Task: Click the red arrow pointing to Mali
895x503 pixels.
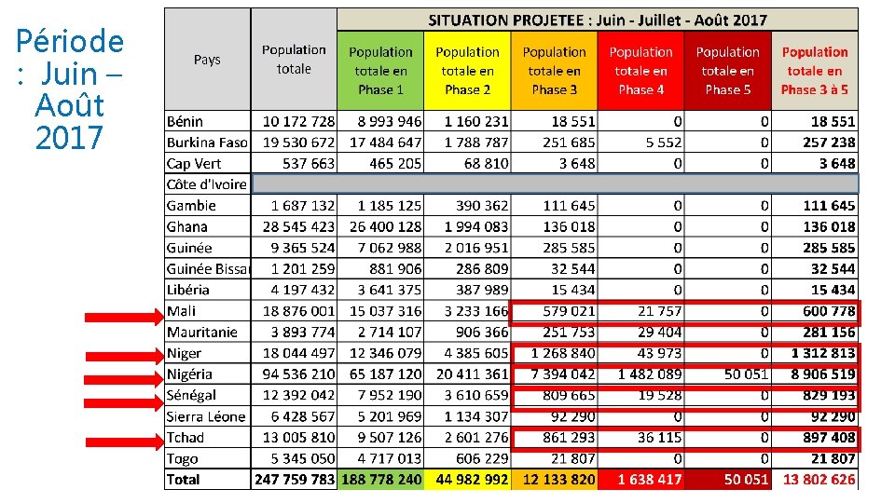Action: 122,318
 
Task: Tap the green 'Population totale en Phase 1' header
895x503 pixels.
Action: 380,71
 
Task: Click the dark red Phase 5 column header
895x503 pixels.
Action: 727,71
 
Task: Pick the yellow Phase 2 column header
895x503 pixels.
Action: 467,71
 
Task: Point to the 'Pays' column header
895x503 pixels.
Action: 207,60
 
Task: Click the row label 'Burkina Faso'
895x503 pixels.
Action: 207,143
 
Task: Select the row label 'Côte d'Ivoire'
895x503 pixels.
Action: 207,184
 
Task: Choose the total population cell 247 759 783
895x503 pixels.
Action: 294,480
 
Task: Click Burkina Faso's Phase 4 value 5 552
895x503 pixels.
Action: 663,143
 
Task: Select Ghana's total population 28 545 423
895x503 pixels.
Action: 298,226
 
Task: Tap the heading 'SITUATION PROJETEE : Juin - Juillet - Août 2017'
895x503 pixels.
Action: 597,20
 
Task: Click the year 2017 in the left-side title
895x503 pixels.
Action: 69,138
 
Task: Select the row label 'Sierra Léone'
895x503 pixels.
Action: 206,417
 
